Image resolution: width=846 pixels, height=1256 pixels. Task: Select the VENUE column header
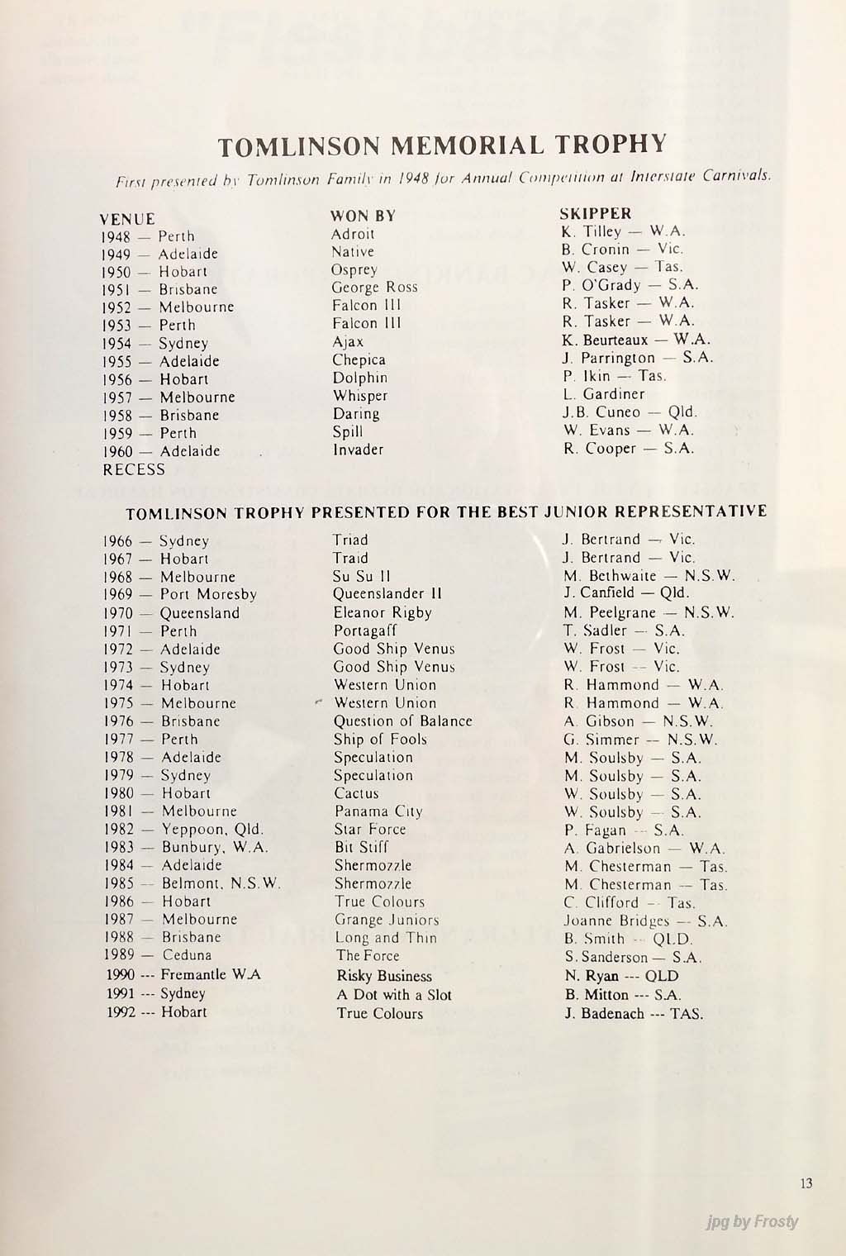click(126, 219)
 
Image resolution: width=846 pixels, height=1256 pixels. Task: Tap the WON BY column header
click(363, 216)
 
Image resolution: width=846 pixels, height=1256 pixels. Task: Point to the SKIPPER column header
click(596, 213)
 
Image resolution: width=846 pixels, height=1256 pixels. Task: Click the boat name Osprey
click(354, 270)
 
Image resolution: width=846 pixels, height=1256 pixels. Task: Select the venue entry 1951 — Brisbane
click(160, 289)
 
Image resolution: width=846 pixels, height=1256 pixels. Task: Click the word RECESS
click(134, 469)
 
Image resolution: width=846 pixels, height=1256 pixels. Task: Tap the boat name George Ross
click(374, 288)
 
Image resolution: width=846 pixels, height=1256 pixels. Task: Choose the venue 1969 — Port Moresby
click(180, 594)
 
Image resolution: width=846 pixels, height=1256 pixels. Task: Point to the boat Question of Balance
click(402, 721)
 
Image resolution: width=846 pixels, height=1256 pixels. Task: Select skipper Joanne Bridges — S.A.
click(645, 921)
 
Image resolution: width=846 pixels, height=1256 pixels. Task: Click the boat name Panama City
click(378, 811)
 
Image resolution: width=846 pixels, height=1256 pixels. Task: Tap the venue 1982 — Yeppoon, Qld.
click(183, 829)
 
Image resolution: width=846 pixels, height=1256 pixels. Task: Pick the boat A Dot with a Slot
click(394, 995)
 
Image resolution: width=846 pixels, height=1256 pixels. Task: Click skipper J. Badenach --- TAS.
click(634, 1014)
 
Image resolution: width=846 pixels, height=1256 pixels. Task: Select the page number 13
click(806, 1183)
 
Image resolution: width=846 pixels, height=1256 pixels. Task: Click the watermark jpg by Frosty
click(753, 1222)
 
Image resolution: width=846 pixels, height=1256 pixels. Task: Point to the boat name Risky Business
click(383, 976)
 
